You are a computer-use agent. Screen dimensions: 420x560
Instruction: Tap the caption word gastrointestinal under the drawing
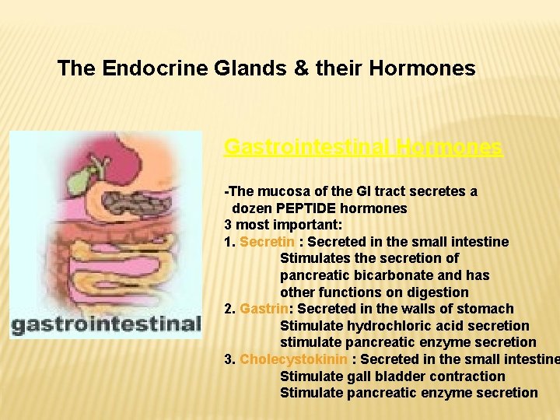tap(105, 323)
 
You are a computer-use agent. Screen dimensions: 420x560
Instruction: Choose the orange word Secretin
tap(267, 242)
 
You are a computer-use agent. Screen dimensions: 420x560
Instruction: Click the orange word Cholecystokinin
tap(294, 359)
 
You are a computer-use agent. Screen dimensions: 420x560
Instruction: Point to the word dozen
tap(252, 208)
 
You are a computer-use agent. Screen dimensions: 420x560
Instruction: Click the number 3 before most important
tap(228, 225)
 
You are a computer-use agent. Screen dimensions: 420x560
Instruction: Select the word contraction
tap(464, 376)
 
